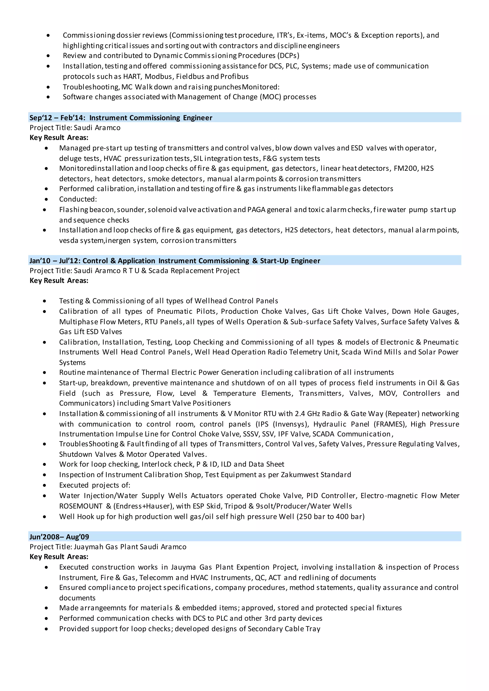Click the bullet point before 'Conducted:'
click(46, 199)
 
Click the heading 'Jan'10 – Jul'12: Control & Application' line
click(175, 261)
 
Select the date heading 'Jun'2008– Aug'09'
click(59, 537)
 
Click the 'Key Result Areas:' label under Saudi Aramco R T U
click(59, 281)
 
